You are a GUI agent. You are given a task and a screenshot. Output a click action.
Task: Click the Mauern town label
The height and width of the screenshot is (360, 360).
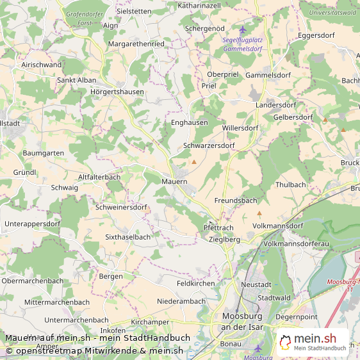tap(174, 182)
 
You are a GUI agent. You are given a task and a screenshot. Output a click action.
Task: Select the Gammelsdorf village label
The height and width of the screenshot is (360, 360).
tap(268, 74)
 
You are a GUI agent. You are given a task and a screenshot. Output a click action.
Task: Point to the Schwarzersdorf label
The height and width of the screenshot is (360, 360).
tap(209, 145)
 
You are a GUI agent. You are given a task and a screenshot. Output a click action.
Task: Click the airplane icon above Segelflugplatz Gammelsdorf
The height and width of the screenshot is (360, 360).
tap(242, 29)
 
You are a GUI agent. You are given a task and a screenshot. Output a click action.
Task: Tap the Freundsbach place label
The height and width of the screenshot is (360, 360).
tap(235, 200)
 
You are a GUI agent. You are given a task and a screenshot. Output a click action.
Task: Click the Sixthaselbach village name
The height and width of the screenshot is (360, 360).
tap(127, 236)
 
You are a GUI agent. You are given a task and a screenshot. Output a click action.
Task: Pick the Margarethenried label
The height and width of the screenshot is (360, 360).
tap(136, 44)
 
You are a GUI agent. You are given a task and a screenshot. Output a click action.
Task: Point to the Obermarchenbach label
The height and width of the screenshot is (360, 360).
tap(33, 281)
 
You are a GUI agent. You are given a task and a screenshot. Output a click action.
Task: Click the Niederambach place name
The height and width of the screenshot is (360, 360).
tap(181, 301)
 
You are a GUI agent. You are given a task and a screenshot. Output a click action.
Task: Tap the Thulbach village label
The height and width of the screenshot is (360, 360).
tap(290, 184)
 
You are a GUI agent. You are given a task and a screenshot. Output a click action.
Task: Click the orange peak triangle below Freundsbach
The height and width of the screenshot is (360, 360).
tap(259, 213)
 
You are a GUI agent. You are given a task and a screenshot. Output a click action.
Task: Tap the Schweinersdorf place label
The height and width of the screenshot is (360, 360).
tap(121, 207)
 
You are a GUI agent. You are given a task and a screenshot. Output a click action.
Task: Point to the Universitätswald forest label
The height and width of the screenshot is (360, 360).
tap(332, 12)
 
